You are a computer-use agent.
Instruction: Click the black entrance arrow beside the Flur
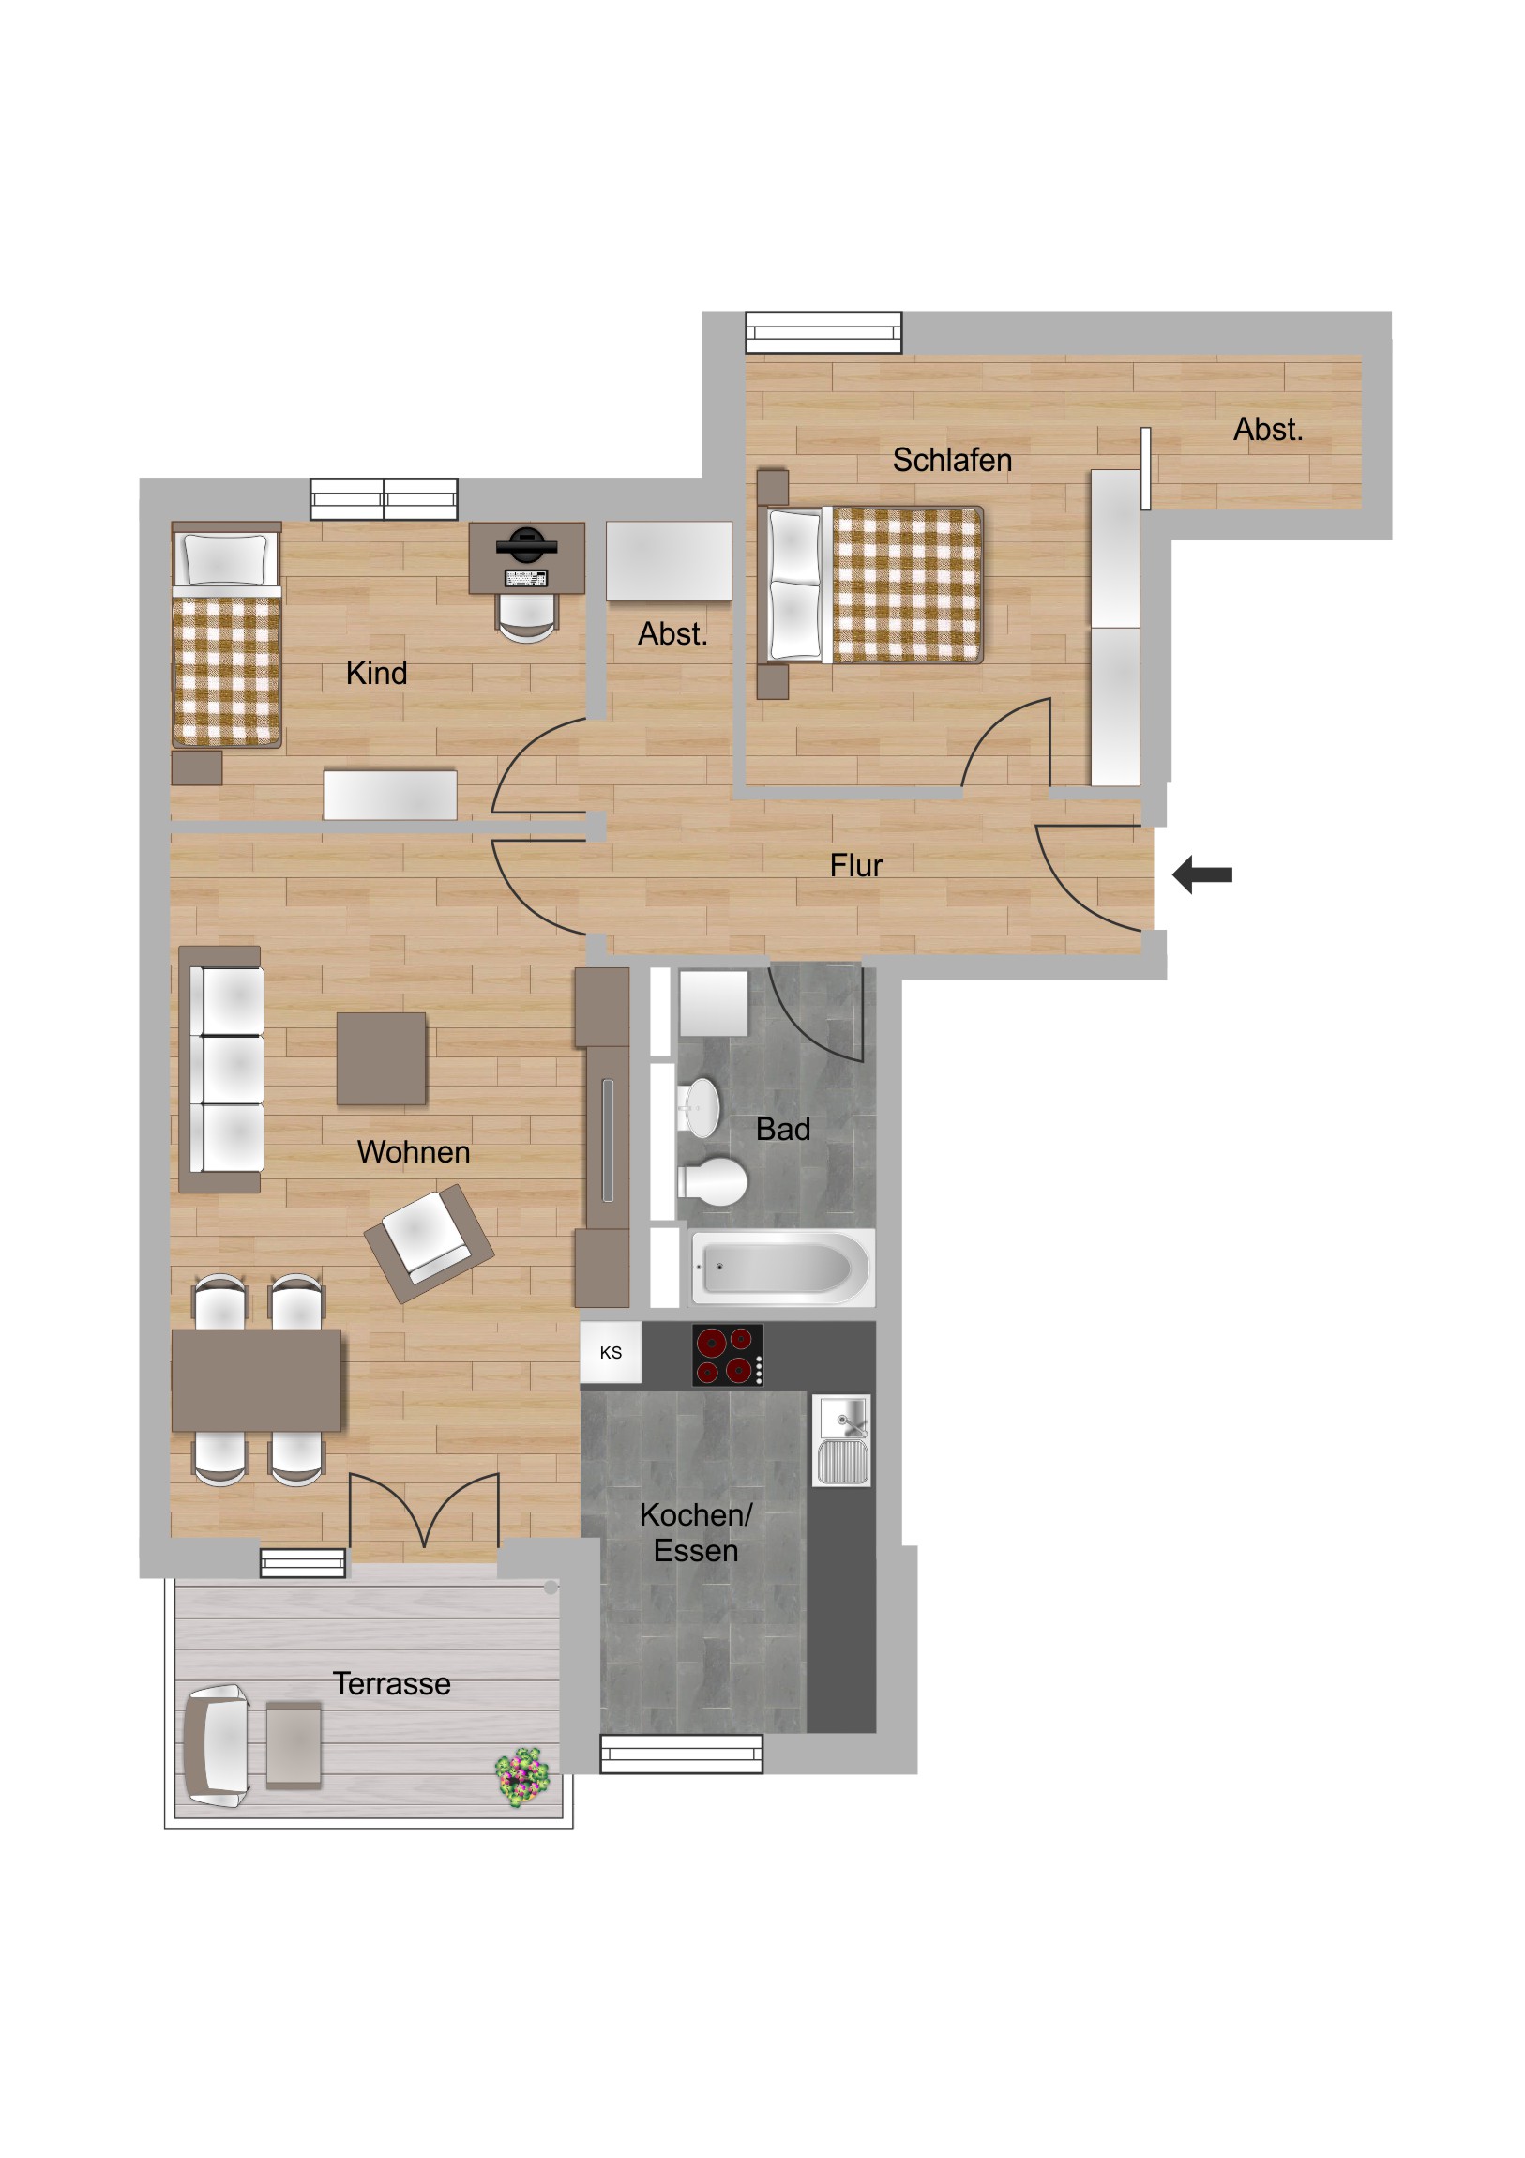click(1201, 874)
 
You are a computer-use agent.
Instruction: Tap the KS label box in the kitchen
click(611, 1353)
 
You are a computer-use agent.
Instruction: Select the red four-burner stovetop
click(728, 1355)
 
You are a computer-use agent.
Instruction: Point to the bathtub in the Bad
click(782, 1267)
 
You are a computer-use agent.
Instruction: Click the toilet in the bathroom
click(712, 1180)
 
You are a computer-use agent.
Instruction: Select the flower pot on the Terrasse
click(522, 1776)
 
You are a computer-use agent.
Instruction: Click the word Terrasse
click(392, 1683)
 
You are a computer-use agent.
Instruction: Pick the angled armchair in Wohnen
click(429, 1243)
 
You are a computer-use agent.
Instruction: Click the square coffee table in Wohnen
click(381, 1058)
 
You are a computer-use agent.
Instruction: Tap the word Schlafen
click(952, 461)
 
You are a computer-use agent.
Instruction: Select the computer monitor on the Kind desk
click(526, 544)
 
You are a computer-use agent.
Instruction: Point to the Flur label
click(856, 866)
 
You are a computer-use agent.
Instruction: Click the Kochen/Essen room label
click(695, 1533)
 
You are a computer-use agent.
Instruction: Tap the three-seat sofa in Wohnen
click(220, 1070)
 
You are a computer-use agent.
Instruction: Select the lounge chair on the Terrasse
click(217, 1746)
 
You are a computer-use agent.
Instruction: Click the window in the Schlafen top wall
click(823, 333)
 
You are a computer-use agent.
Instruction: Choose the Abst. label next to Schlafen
click(1267, 430)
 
